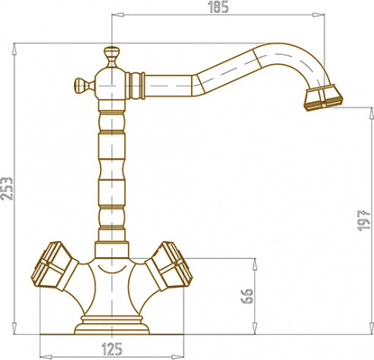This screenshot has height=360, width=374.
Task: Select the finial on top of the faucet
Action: coord(111,57)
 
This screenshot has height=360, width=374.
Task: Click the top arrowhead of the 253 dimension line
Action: coord(16,46)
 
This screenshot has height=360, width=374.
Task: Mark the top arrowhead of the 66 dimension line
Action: coord(253,260)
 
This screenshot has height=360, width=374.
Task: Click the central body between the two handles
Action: coord(111,283)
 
